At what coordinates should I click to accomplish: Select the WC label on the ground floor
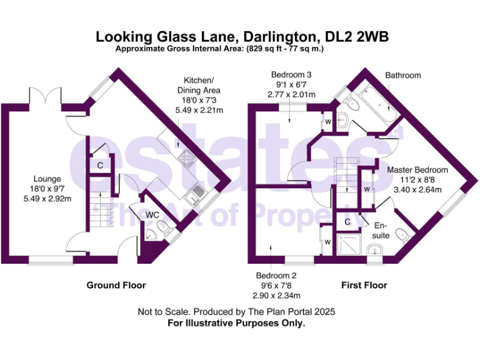[153, 215]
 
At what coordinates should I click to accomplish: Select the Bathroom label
[402, 76]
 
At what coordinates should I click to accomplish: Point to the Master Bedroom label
[417, 170]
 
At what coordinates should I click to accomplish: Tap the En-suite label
[381, 231]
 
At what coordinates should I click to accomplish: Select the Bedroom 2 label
[276, 276]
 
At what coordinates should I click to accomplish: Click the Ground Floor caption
[116, 285]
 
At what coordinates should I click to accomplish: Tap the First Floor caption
[364, 285]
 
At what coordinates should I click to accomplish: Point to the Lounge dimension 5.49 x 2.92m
[47, 199]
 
